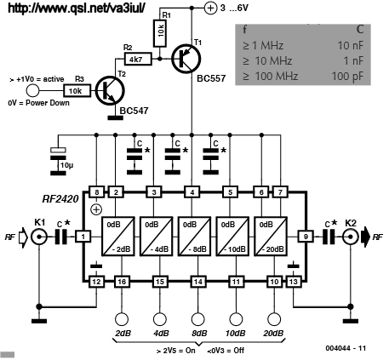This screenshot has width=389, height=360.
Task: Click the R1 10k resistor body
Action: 160,33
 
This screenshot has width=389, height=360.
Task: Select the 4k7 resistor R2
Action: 138,60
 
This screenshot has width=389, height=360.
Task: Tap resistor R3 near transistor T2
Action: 77,91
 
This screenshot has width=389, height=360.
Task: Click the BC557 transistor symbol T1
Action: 186,59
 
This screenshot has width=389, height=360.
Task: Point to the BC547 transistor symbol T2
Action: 109,91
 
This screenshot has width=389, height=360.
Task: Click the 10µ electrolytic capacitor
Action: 58,161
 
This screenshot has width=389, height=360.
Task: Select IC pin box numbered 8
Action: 97,192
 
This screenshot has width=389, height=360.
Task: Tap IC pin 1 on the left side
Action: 83,237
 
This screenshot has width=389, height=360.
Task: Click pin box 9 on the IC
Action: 306,237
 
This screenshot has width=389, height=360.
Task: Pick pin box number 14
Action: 197,282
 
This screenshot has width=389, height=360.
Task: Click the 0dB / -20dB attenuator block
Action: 271,237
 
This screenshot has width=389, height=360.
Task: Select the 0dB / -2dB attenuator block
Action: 117,237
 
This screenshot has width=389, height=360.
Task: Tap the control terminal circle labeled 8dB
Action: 197,319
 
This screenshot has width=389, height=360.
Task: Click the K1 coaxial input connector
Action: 39,237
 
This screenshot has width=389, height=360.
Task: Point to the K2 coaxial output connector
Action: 351,237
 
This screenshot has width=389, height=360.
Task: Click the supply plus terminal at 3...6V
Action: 210,8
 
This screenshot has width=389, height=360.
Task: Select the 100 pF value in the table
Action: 347,76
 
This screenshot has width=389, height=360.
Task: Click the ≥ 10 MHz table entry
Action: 267,60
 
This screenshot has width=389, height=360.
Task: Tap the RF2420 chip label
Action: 60,198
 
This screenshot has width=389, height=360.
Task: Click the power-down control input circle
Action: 32,91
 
